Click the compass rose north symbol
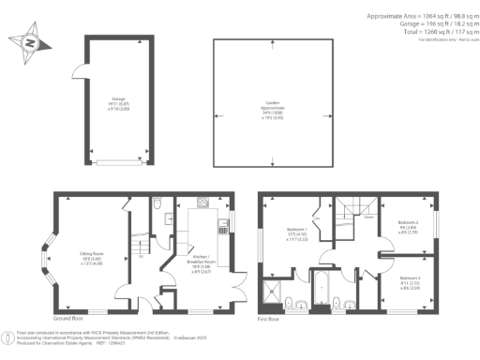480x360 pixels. click(x=27, y=43)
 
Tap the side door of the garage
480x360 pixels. click(x=78, y=74)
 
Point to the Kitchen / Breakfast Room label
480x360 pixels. click(x=203, y=261)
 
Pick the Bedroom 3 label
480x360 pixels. click(x=410, y=281)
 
